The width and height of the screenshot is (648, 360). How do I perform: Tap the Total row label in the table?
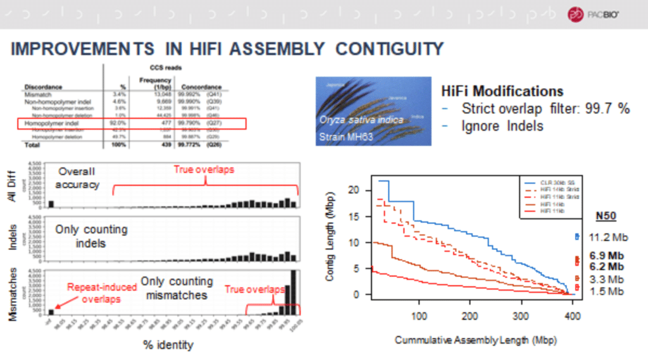pyautogui.click(x=33, y=145)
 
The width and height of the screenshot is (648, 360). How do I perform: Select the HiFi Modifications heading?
pyautogui.click(x=502, y=91)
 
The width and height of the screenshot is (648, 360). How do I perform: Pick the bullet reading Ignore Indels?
pyautogui.click(x=502, y=126)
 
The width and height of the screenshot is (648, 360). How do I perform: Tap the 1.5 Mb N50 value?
pyautogui.click(x=606, y=291)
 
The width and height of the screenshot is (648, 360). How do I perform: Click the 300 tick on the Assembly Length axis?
pyautogui.click(x=521, y=316)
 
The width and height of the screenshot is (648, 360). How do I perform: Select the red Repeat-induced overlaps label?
pyautogui.click(x=102, y=292)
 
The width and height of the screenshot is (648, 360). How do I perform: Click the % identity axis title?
pyautogui.click(x=168, y=345)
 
